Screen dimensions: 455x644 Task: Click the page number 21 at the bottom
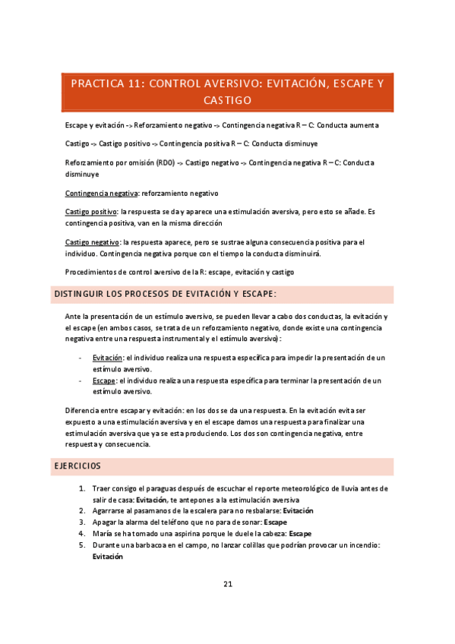227,584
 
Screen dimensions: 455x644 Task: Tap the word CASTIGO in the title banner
228,100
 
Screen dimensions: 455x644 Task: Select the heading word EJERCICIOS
79,466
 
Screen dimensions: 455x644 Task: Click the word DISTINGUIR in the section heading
86,294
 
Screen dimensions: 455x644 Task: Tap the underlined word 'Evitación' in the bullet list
107,357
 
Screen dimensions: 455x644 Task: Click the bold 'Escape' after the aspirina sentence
301,534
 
